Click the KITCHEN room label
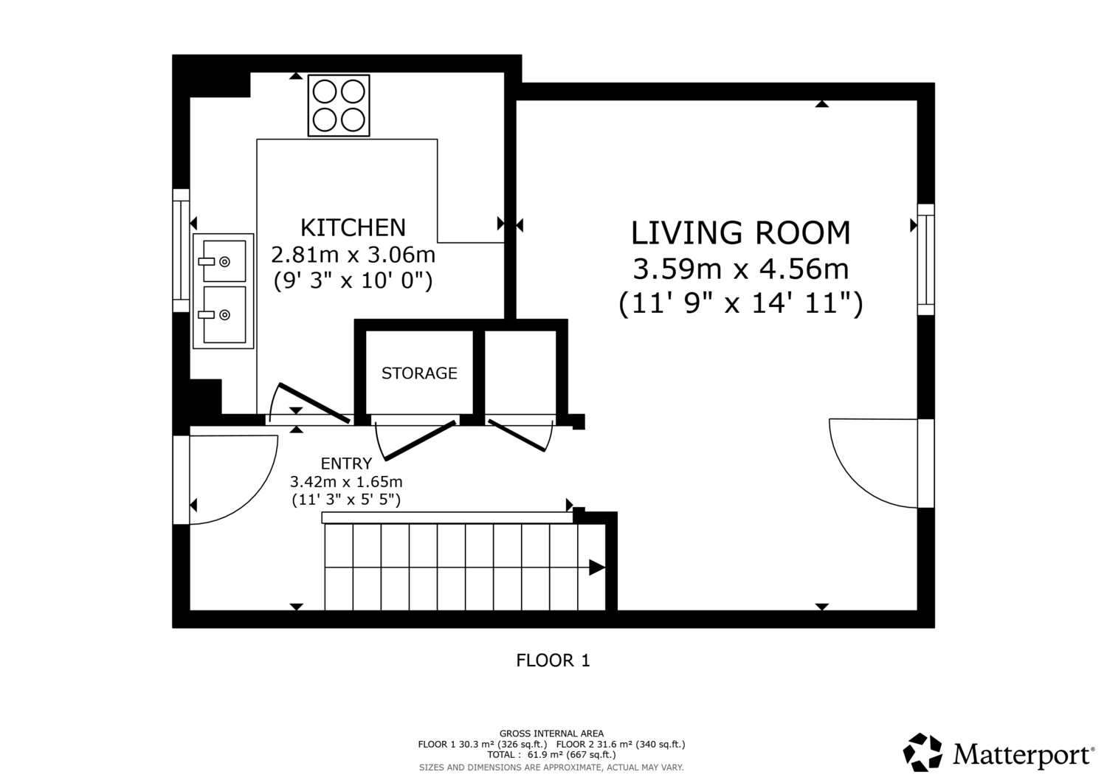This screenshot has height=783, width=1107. coord(353,228)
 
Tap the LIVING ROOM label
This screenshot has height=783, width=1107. coord(740,232)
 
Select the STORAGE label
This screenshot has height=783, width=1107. coord(419,373)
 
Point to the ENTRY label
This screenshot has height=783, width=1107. coord(346,463)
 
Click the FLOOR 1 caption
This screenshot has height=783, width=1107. coord(553,660)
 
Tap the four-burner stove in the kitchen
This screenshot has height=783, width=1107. coord(339,106)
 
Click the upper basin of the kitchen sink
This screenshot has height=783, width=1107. coord(224,261)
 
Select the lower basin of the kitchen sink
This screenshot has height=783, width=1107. coord(224,314)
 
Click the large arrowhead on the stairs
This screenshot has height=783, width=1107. coord(597,568)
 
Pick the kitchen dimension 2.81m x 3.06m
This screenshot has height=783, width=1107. coord(353,255)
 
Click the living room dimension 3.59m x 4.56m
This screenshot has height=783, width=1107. coord(740,269)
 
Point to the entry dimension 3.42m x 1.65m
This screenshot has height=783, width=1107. coord(346,481)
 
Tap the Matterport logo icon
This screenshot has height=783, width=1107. coord(922,752)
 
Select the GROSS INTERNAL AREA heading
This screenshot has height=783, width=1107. coord(551,734)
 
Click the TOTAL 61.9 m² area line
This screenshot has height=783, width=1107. coord(551,755)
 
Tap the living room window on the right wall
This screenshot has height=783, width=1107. coord(926,260)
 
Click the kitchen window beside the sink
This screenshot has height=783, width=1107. coord(181,250)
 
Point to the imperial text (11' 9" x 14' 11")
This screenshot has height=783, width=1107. coord(740,303)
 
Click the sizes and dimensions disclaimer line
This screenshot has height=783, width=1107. coord(551,768)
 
